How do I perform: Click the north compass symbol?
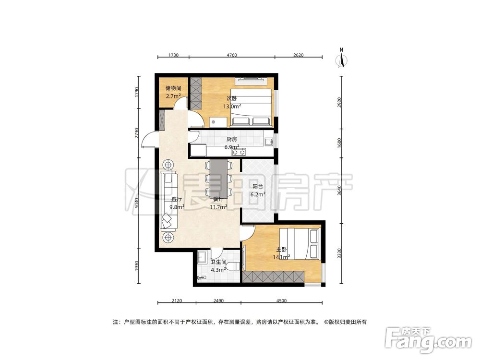click(x=341, y=58)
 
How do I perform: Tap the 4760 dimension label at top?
click(x=232, y=55)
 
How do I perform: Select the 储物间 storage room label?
click(x=173, y=88)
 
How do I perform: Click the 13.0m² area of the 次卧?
click(x=232, y=107)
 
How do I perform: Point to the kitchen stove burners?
click(x=239, y=152)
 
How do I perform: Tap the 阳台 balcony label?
click(x=258, y=186)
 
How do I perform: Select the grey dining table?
click(x=218, y=178)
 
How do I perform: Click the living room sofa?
click(x=168, y=201)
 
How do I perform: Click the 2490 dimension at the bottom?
click(x=218, y=300)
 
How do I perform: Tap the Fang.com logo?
click(x=428, y=340)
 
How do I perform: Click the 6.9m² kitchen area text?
click(x=232, y=147)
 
